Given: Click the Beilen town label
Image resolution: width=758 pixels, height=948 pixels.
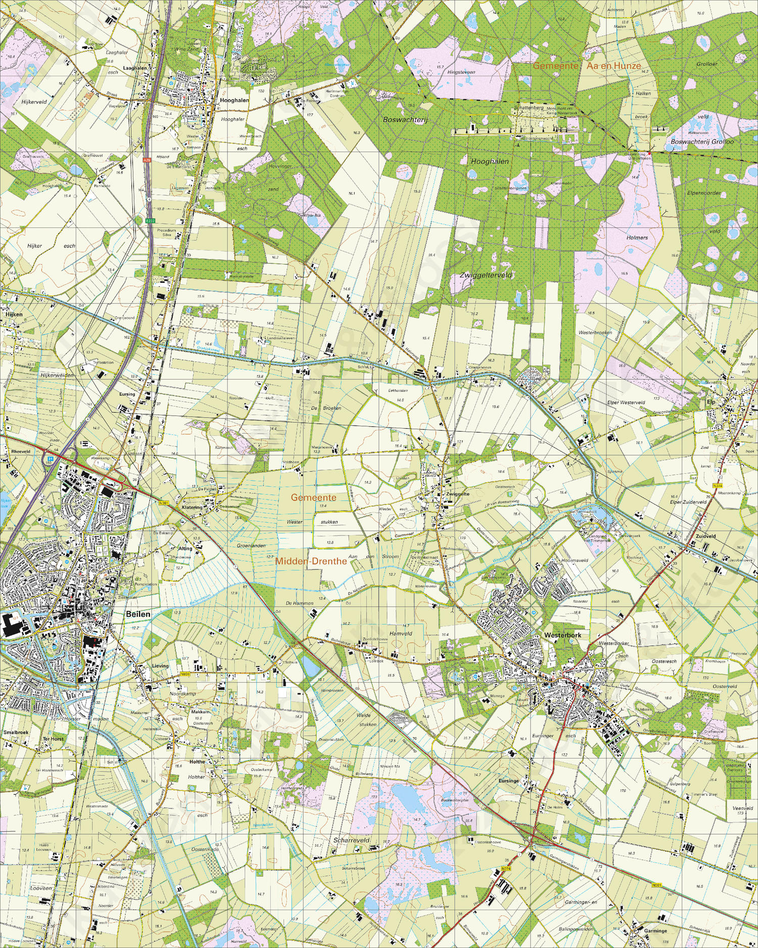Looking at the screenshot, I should tap(138, 614).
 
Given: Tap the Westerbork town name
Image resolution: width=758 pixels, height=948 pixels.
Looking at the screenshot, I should tap(562, 635).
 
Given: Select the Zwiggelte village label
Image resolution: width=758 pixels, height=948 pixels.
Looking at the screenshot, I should tap(458, 494).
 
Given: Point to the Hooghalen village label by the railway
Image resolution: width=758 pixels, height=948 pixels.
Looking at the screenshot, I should tap(234, 100).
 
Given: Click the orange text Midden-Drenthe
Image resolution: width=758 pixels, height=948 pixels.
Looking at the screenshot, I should tap(311, 561).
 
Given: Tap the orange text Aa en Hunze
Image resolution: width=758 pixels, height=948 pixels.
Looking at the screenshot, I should tap(613, 66).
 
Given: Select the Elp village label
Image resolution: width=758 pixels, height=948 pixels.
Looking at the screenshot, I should tap(711, 402).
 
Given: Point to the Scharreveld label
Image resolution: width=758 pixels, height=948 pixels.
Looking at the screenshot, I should tap(351, 840).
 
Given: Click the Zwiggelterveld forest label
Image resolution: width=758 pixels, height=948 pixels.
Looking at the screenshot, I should tap(486, 275).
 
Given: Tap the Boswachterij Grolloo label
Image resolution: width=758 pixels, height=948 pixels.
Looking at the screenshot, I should tap(702, 142).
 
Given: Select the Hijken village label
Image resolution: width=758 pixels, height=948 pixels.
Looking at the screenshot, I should tap(14, 314).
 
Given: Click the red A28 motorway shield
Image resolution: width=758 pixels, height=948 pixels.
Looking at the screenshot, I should tap(147, 160).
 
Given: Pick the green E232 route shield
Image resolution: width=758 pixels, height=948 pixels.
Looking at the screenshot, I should tap(150, 221).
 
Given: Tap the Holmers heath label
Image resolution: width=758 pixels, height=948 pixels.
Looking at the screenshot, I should tap(637, 237).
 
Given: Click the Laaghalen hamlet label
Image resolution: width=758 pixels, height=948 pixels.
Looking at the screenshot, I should tap(135, 68).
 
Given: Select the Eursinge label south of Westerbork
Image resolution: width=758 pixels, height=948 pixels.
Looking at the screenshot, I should tap(508, 781).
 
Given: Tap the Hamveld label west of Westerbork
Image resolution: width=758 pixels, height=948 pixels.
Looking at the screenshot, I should tap(401, 633).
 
